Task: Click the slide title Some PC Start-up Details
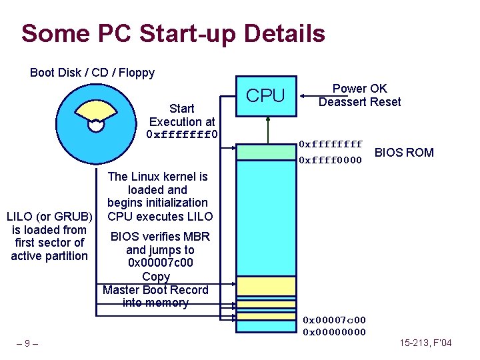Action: pyautogui.click(x=173, y=33)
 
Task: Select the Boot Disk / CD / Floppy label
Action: pyautogui.click(x=92, y=73)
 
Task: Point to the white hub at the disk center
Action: pyautogui.click(x=96, y=124)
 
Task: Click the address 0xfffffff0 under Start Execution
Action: pyautogui.click(x=182, y=135)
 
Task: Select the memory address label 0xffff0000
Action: pyautogui.click(x=330, y=160)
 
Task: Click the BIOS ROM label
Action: pyautogui.click(x=404, y=153)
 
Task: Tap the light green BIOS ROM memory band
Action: pyautogui.click(x=267, y=152)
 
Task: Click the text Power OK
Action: pyautogui.click(x=359, y=89)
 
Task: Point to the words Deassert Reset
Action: pyautogui.click(x=359, y=102)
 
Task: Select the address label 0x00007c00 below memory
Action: pyautogui.click(x=334, y=321)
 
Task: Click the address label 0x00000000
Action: pyautogui.click(x=334, y=332)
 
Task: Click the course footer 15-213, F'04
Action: pyautogui.click(x=425, y=343)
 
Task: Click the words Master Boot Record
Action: pyautogui.click(x=155, y=290)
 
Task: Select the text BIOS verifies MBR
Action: pyautogui.click(x=160, y=237)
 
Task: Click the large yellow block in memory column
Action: pyautogui.click(x=267, y=286)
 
